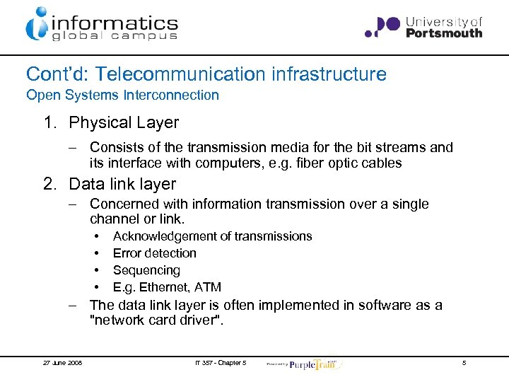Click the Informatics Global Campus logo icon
(37, 23)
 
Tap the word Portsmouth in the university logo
(444, 33)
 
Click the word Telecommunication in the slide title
(186, 74)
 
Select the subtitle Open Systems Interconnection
(122, 95)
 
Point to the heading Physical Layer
(124, 122)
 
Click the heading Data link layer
(122, 184)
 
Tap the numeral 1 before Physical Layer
(48, 122)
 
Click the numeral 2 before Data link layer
(49, 184)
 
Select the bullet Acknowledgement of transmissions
(212, 236)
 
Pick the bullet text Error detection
(155, 253)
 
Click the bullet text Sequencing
(146, 270)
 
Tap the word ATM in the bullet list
(209, 287)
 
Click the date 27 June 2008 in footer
(62, 363)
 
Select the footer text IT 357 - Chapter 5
(220, 363)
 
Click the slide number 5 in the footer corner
(464, 363)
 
